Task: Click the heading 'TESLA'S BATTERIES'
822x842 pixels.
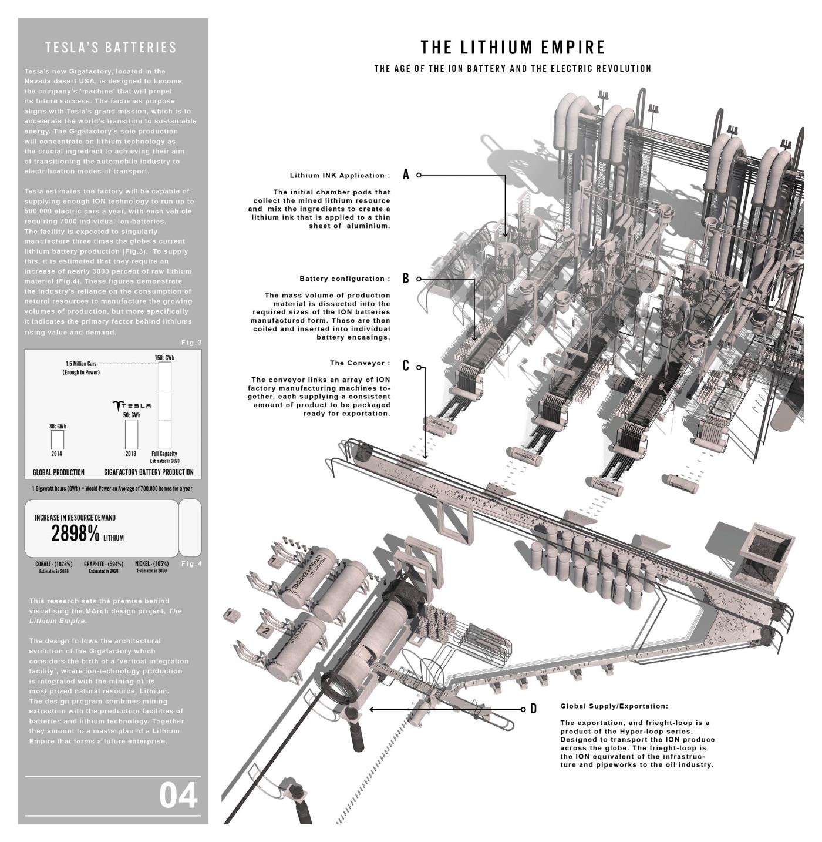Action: tap(111, 48)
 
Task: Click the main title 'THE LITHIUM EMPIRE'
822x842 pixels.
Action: tap(513, 47)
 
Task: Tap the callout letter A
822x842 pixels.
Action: tap(406, 175)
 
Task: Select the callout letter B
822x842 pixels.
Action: tap(406, 279)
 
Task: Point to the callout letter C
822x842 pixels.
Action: tap(406, 366)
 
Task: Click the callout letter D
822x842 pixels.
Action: tap(533, 709)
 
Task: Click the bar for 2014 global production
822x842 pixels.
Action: tap(58, 440)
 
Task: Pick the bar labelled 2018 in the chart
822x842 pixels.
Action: tap(132, 434)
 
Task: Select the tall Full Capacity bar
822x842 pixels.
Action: tap(165, 405)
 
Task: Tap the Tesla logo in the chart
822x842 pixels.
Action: tap(132, 405)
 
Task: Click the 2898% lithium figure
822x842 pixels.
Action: tap(76, 534)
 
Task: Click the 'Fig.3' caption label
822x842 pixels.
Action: tap(191, 343)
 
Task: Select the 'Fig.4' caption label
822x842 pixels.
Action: tap(191, 564)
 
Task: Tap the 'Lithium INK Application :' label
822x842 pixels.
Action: tap(340, 176)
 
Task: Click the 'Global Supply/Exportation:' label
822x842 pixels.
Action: tap(614, 706)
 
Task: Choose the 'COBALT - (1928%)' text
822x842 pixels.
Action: tap(54, 564)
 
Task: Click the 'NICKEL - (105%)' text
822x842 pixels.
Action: tap(151, 564)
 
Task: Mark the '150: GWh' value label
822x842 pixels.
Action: tap(165, 357)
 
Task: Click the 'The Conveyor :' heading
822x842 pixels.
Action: tap(360, 363)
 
